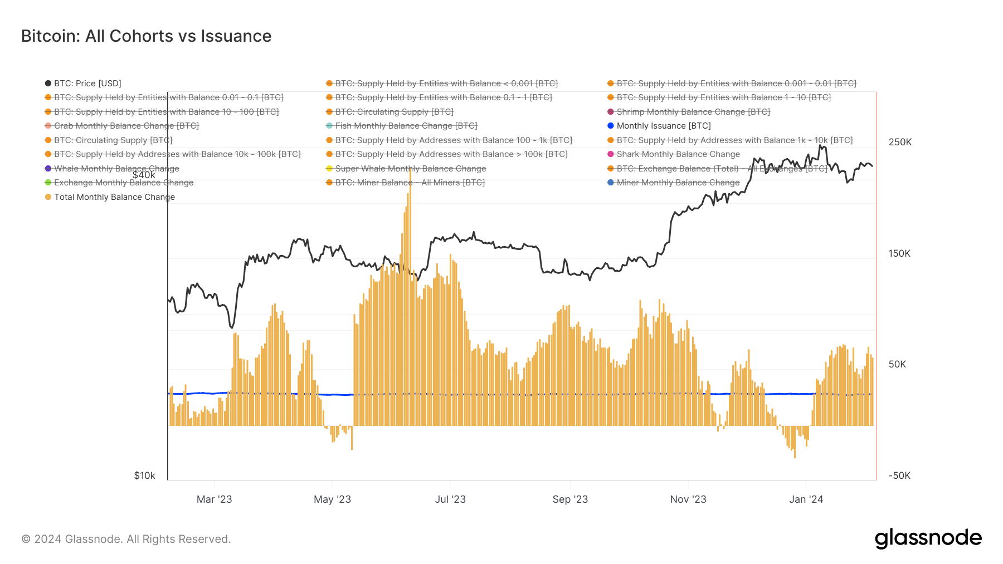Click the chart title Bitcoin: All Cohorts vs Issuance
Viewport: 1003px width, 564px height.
[146, 36]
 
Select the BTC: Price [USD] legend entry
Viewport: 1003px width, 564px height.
[87, 84]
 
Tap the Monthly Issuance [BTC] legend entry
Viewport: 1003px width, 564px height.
[663, 126]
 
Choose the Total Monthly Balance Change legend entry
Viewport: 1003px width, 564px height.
[114, 197]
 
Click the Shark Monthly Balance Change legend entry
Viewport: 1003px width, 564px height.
[678, 154]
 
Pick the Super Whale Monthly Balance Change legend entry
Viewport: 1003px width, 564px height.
[410, 169]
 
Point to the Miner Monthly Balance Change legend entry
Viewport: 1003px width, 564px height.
[678, 183]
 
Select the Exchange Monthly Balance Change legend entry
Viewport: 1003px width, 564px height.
[123, 183]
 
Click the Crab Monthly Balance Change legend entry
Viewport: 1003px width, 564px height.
[126, 126]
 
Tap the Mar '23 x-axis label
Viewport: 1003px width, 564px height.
[214, 499]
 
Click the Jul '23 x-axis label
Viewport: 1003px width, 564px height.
[450, 499]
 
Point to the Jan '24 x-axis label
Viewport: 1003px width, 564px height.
[806, 499]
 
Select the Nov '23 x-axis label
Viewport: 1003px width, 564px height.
[688, 499]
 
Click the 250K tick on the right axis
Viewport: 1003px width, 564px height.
[900, 142]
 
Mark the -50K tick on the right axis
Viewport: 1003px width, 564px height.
[899, 475]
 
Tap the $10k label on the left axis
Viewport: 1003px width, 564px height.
[144, 475]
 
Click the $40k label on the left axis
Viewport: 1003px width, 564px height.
[144, 175]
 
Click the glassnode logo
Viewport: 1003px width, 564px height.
[928, 538]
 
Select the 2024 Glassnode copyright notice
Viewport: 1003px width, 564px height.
[126, 539]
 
